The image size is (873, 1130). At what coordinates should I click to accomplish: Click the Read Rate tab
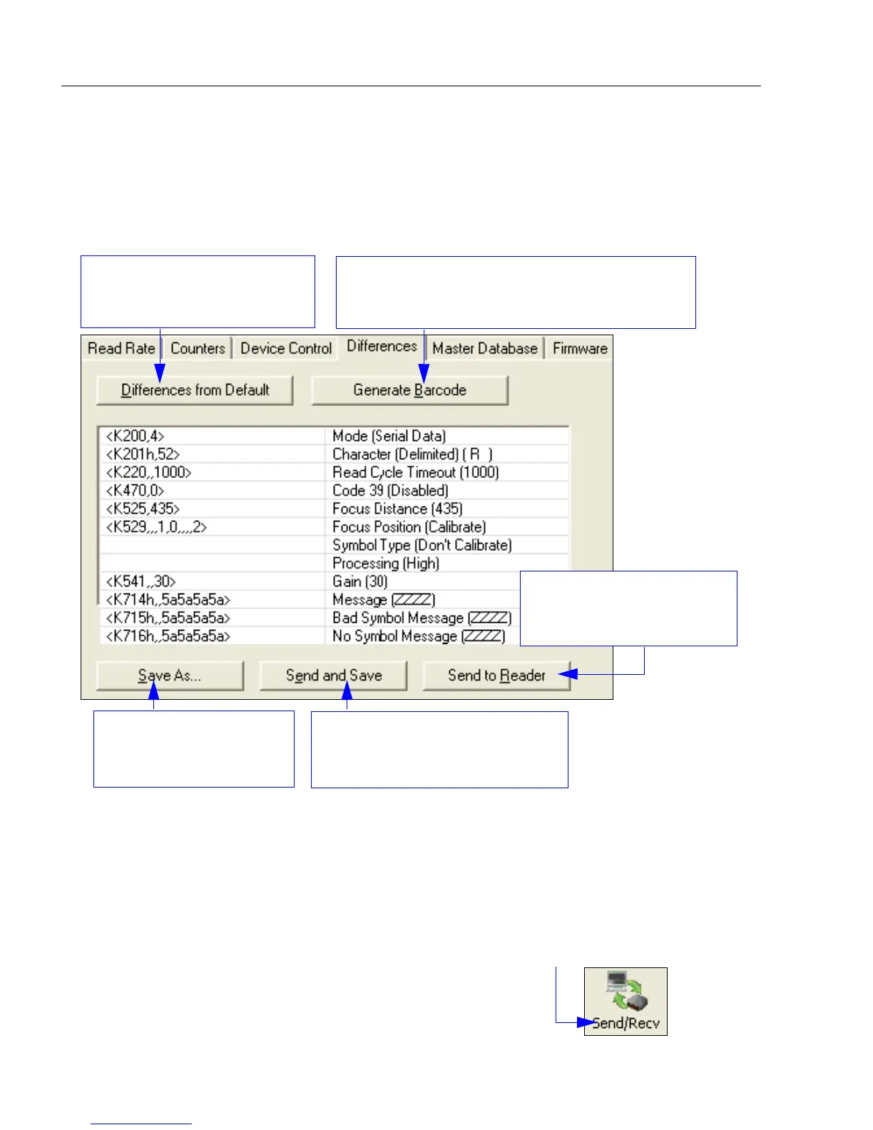[x=121, y=348]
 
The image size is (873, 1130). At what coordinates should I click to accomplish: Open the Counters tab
[x=198, y=348]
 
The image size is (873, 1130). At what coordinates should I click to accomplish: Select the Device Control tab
[x=286, y=348]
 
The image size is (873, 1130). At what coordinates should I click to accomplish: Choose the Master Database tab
[x=485, y=348]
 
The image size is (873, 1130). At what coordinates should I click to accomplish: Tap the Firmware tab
[x=580, y=348]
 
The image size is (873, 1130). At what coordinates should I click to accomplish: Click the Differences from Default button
[x=195, y=390]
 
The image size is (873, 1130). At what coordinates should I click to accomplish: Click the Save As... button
[x=170, y=676]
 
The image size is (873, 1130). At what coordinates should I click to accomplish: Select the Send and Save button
[x=334, y=676]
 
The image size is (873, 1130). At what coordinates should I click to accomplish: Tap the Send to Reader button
[x=496, y=676]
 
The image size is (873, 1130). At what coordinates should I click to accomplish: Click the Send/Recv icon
[x=626, y=1001]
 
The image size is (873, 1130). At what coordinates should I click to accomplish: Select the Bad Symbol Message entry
[x=422, y=618]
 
